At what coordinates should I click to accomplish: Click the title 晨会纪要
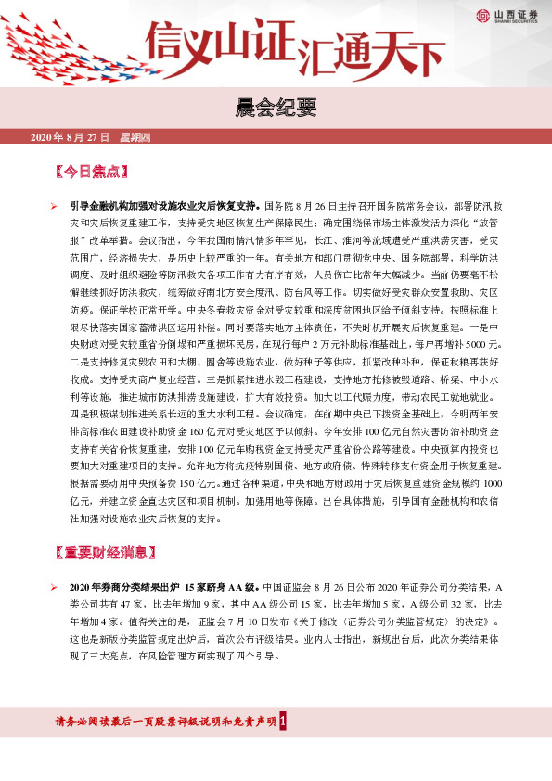276,110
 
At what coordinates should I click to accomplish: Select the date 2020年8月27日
71,137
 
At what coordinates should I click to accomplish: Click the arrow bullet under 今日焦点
54,202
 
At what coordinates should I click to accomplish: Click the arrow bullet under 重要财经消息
54,588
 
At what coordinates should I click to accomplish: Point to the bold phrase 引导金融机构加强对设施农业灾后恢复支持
165,202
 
